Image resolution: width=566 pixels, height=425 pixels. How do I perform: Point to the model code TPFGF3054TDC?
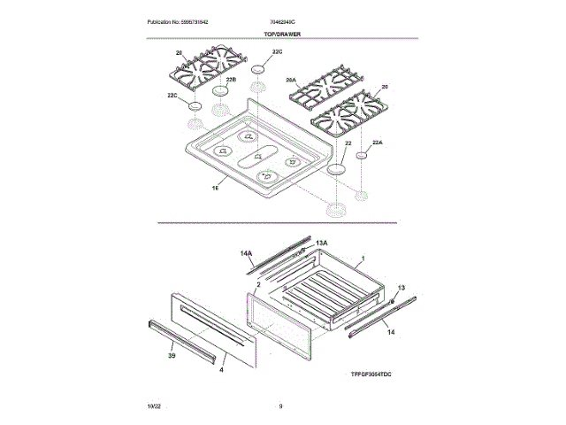click(x=366, y=375)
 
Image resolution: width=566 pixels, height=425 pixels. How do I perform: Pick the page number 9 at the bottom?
click(x=279, y=405)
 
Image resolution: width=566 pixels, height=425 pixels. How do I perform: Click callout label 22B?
click(x=231, y=80)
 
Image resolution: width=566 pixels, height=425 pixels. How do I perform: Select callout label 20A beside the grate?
click(x=291, y=80)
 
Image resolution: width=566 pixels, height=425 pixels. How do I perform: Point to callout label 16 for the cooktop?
click(x=215, y=188)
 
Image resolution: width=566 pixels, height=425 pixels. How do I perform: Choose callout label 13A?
click(x=322, y=243)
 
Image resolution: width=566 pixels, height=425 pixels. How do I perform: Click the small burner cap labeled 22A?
click(x=362, y=156)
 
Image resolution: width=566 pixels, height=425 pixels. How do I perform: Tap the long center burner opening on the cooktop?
click(x=258, y=157)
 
